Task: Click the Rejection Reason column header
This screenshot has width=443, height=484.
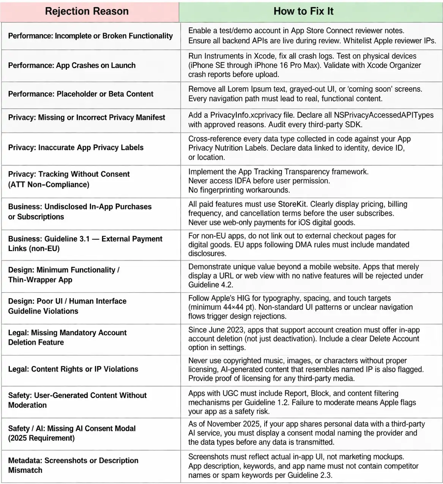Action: coord(87,11)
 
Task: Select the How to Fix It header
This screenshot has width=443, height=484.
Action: coord(303,11)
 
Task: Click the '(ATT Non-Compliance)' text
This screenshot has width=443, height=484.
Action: coord(49,184)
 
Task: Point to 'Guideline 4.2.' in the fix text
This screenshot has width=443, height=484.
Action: coord(211,284)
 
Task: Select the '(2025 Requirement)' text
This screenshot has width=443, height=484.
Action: coord(41,438)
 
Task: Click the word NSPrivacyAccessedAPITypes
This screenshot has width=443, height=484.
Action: coord(383,115)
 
